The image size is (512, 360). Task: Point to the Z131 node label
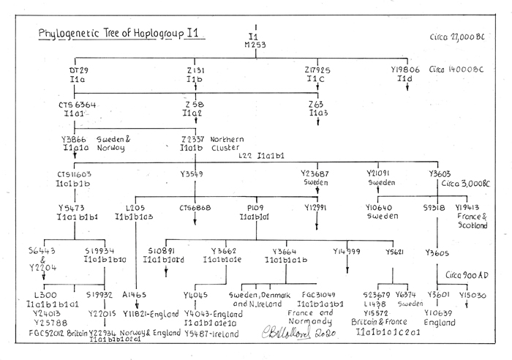click(x=194, y=70)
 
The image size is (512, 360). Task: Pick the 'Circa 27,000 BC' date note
click(x=454, y=37)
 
